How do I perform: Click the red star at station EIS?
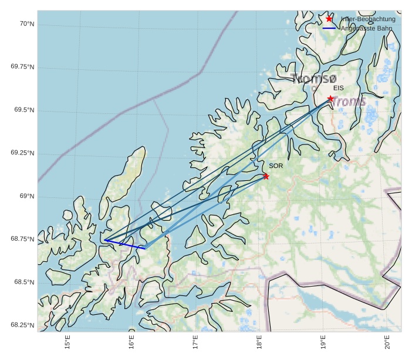(330, 99)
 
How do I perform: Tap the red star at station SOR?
(266, 176)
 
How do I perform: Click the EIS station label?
(338, 88)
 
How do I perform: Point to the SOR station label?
(276, 166)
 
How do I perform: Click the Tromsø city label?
(314, 78)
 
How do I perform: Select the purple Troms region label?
(350, 102)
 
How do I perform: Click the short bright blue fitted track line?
(124, 244)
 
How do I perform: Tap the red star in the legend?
(329, 19)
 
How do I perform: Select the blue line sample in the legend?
(329, 28)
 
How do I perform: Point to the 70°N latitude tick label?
(26, 24)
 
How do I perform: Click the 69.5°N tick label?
(23, 110)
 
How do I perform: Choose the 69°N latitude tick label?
(26, 196)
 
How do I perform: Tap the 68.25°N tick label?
(23, 325)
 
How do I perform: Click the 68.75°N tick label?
(23, 239)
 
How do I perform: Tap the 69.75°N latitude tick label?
(23, 67)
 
